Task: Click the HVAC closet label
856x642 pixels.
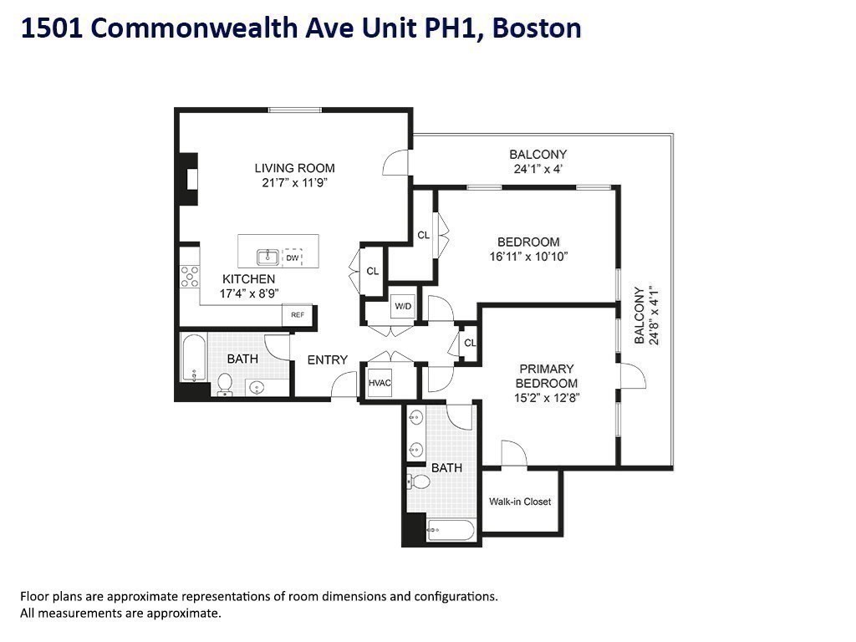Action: (380, 383)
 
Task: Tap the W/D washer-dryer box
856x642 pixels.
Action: (403, 307)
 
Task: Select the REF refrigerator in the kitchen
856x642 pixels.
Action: (297, 315)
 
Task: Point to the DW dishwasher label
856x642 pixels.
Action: (293, 257)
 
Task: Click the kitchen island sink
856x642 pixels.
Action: (267, 256)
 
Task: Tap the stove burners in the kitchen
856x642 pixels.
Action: (190, 276)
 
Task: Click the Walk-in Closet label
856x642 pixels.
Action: (520, 502)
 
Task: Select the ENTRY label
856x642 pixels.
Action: (327, 359)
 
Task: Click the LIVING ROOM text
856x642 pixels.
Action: (295, 168)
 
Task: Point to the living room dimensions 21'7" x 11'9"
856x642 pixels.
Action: (295, 182)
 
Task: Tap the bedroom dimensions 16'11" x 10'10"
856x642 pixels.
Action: (529, 257)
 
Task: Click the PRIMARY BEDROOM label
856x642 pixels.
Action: (547, 375)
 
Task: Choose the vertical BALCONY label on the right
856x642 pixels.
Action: (639, 315)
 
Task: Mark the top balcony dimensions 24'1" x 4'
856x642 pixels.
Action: (538, 169)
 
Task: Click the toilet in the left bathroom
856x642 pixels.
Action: (224, 384)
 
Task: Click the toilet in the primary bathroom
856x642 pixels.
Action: (418, 481)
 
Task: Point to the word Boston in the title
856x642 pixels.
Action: (537, 28)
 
